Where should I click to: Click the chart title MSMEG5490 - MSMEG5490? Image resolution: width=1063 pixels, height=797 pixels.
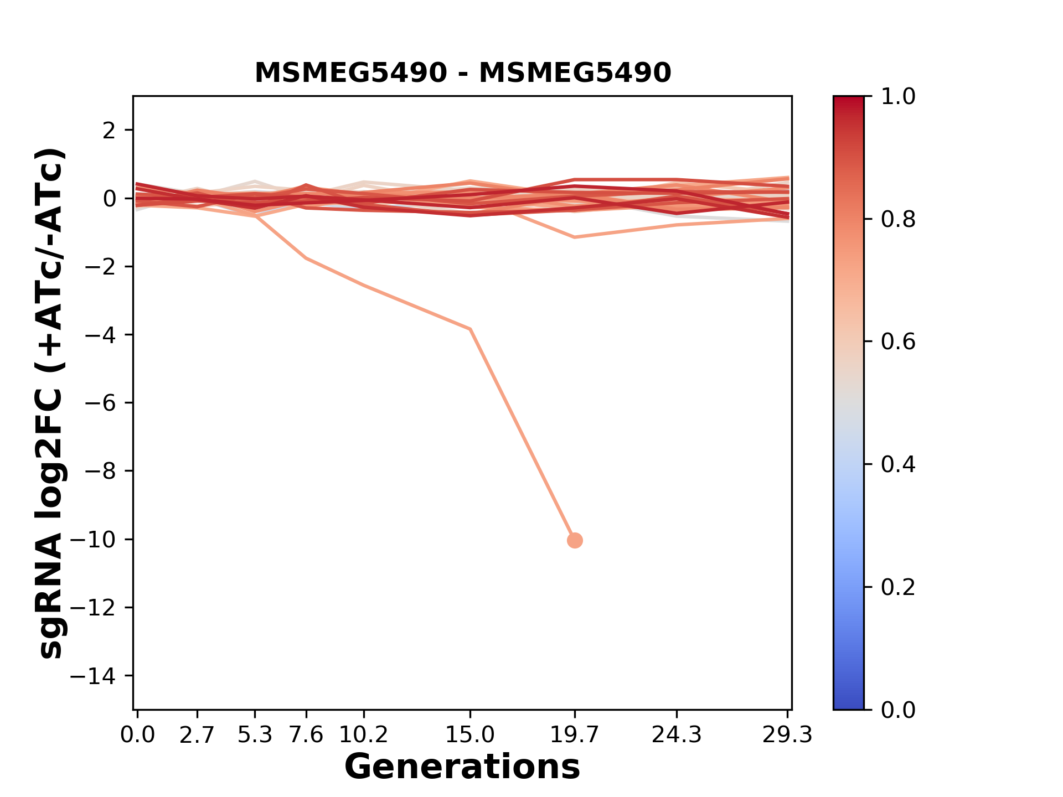463,73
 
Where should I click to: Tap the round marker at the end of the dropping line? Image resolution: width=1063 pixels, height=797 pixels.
575,540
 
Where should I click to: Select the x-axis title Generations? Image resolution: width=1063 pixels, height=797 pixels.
462,767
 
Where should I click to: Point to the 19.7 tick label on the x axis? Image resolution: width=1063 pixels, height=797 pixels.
575,735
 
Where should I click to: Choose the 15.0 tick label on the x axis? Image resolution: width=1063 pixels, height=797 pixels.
470,735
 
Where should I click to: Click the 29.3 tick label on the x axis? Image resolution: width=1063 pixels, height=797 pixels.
787,735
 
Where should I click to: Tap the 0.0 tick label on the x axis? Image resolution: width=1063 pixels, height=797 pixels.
138,735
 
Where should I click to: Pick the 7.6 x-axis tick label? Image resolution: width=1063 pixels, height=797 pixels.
306,735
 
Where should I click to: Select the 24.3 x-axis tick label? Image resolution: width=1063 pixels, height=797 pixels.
677,735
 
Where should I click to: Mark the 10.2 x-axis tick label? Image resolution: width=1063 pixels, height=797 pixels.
363,735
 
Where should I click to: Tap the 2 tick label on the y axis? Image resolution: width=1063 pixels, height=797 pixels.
109,131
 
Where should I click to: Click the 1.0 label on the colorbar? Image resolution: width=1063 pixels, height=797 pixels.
898,97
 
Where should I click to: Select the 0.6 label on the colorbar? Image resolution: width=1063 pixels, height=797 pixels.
898,341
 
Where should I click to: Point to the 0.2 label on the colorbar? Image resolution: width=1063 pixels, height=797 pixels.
898,587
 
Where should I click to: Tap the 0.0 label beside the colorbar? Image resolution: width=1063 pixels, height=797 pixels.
898,710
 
